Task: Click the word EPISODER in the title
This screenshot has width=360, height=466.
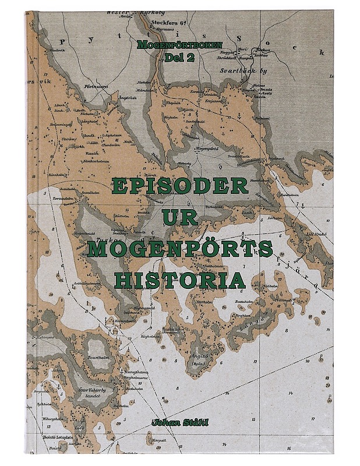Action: (179, 186)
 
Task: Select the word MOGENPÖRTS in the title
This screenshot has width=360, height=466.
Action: (179, 248)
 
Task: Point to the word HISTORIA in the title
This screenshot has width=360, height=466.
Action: (179, 280)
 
